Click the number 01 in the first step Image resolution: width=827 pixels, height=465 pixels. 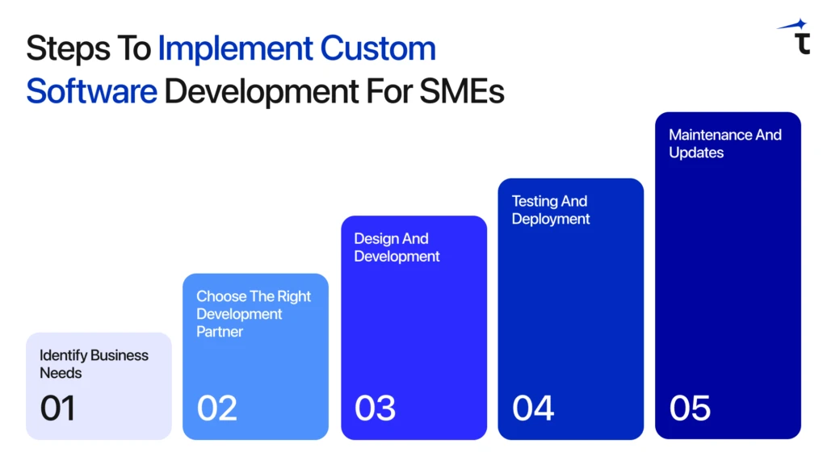click(57, 408)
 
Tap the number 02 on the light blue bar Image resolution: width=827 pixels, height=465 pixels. click(216, 408)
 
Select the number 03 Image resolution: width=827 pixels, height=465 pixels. click(375, 408)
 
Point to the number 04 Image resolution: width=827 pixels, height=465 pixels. click(533, 408)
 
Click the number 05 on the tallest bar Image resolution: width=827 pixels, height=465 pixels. click(690, 408)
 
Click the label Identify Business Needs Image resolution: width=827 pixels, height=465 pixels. click(94, 364)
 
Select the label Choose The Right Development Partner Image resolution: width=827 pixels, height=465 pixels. click(254, 314)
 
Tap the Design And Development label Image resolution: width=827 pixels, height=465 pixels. click(397, 248)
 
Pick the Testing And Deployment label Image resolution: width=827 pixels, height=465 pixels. click(551, 210)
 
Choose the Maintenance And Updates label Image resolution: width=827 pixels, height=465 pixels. click(724, 144)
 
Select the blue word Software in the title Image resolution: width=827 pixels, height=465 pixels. click(91, 92)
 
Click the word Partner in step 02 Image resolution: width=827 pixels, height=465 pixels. click(220, 332)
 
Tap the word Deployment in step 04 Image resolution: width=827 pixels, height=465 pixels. click(551, 220)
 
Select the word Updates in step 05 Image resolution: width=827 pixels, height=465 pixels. click(696, 153)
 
